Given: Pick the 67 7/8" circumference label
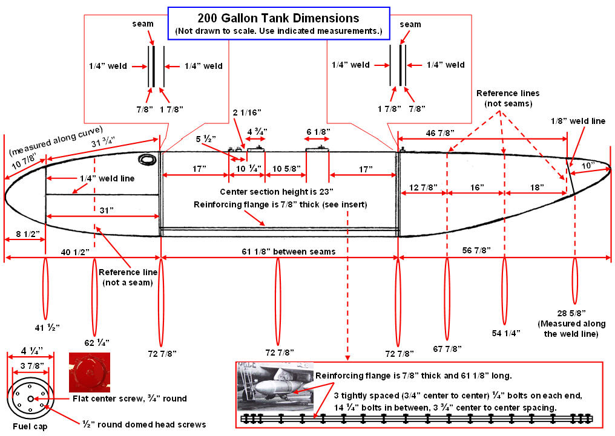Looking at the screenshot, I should coord(447,348).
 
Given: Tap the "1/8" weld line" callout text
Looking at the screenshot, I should coord(578,121).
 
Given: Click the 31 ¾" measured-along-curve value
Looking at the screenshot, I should coord(104,144).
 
